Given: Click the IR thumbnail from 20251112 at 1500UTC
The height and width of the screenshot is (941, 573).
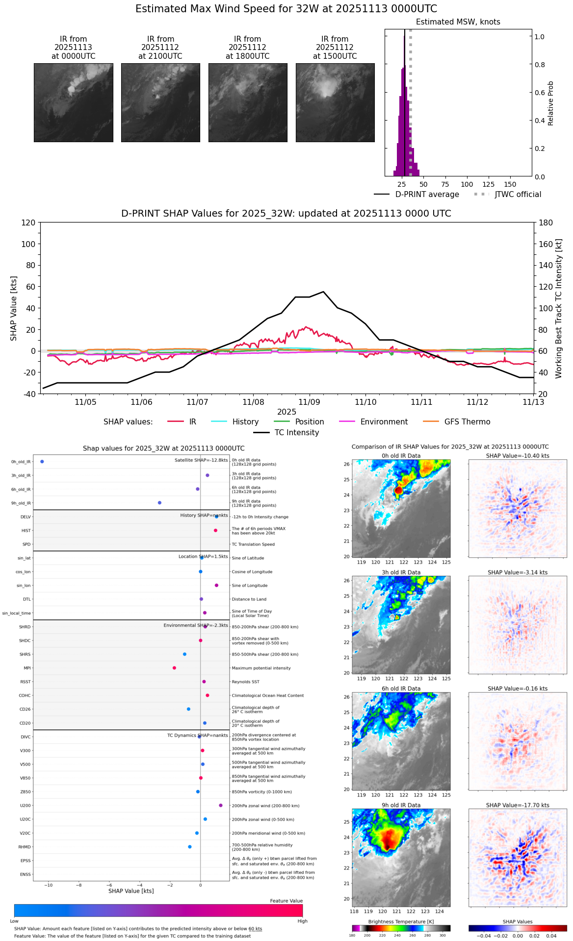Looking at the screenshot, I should coord(335,102).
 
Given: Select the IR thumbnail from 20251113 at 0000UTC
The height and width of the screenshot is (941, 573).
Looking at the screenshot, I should coord(74,102).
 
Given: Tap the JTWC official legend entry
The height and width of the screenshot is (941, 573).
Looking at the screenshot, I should coord(518,195).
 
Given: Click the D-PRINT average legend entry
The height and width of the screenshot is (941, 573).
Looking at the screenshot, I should coord(427,195).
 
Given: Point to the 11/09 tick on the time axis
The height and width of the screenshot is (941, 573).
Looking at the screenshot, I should coord(309,402).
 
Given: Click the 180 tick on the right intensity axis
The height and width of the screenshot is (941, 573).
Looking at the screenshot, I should coord(546,223).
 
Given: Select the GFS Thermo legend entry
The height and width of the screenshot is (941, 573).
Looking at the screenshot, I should coord(467,422).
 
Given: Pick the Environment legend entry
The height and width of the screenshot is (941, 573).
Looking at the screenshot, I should coord(384,422).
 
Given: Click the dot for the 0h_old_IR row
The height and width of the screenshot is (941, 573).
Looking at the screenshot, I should coord(42,462).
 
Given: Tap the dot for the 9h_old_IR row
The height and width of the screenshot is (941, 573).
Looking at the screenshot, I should coord(159,503).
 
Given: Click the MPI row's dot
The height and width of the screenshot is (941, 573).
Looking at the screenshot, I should coord(174,668).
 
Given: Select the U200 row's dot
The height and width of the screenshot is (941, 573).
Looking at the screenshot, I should coord(221,805).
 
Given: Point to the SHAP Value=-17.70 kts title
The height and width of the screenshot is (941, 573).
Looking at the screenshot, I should coord(518,805).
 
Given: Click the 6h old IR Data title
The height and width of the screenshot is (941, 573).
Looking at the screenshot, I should coord(401,689).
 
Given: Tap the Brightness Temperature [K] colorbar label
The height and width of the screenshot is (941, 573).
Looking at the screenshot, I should coord(401,921).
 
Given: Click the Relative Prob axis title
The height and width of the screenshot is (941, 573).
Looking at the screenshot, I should coord(550,103).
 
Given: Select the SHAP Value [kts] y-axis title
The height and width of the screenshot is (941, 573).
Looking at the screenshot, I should coord(14,308).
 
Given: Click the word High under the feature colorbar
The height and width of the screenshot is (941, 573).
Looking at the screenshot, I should coord(302,921).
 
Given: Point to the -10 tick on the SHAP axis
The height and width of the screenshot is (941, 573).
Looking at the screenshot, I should coord(49,885).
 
